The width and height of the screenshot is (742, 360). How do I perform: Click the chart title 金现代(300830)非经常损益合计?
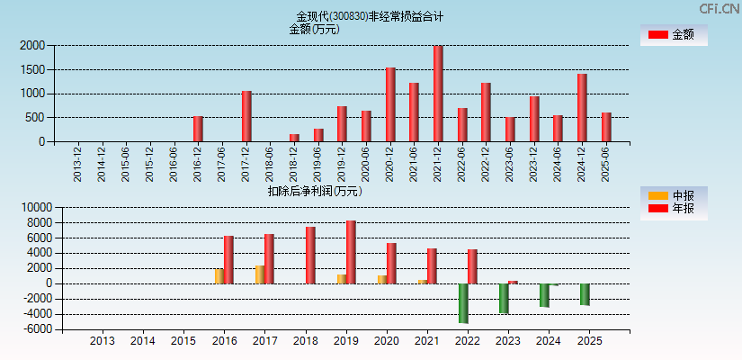[370, 16]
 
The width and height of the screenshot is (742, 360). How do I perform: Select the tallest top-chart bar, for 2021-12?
[438, 94]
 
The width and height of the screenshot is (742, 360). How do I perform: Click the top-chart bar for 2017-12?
[246, 116]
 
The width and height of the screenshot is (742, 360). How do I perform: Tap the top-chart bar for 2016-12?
[198, 129]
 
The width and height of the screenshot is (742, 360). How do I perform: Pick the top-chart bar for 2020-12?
[390, 104]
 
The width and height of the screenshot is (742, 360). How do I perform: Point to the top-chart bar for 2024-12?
[582, 107]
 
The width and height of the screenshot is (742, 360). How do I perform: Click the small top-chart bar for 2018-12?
[294, 138]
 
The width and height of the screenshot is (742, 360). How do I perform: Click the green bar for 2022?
[463, 303]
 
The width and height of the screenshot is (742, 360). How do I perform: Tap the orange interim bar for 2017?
[259, 274]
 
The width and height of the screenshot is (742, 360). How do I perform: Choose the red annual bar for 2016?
[228, 260]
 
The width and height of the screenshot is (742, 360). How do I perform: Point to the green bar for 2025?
[585, 294]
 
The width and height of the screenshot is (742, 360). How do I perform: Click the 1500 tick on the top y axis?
[32, 69]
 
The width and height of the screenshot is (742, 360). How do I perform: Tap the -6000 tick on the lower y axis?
[36, 329]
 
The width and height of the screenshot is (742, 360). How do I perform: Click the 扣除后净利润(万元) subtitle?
[315, 191]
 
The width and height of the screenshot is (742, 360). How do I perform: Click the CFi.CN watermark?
[719, 8]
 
